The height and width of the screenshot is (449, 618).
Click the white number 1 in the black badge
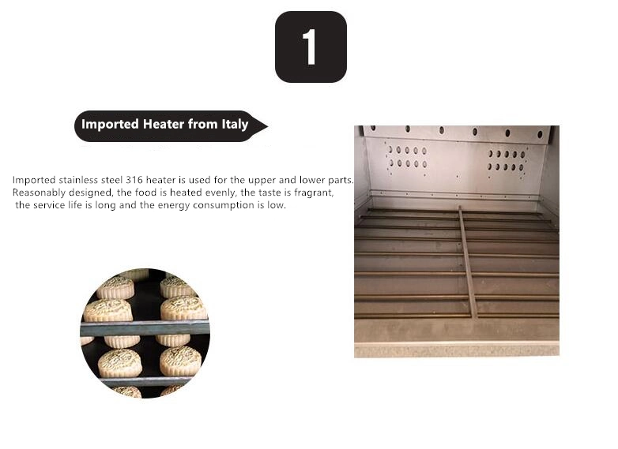[310, 47]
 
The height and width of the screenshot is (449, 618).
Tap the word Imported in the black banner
[110, 124]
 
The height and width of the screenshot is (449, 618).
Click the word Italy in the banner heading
[234, 124]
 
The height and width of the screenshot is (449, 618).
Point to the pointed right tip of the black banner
[266, 125]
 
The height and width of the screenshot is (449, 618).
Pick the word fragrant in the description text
[312, 193]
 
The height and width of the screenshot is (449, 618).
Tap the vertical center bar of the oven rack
[467, 261]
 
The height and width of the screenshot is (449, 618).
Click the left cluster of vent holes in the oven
[407, 156]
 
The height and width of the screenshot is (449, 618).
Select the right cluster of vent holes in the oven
[507, 160]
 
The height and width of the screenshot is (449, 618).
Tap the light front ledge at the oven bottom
[456, 348]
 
